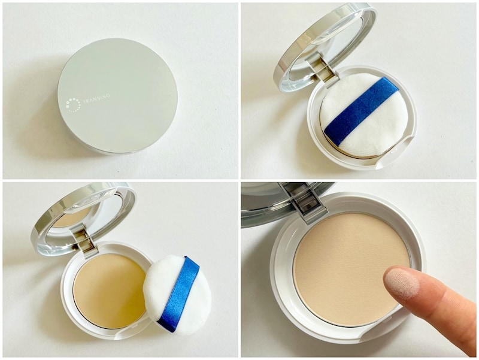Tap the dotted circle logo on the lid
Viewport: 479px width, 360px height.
pyautogui.click(x=73, y=105)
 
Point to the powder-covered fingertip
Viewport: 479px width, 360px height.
pyautogui.click(x=402, y=283)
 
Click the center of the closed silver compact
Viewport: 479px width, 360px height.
pyautogui.click(x=117, y=96)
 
